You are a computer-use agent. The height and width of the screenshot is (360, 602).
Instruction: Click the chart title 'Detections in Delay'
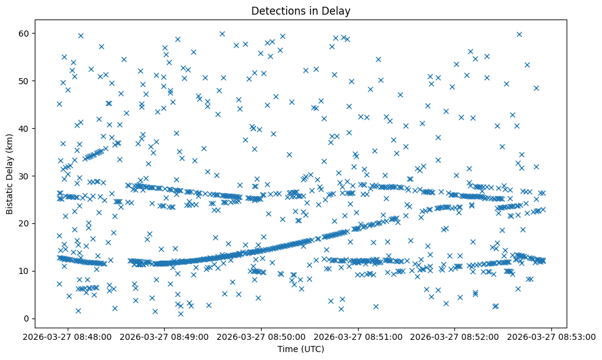(301, 11)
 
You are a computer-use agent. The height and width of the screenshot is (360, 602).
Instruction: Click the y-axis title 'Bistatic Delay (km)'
(10, 173)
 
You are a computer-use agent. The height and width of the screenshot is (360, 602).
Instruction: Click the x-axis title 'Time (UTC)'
(301, 349)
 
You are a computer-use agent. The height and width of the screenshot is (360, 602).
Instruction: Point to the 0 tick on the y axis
(27, 319)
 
